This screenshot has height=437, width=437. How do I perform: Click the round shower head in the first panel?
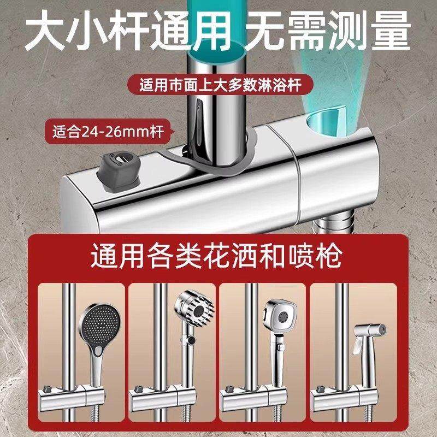(x=98, y=330)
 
